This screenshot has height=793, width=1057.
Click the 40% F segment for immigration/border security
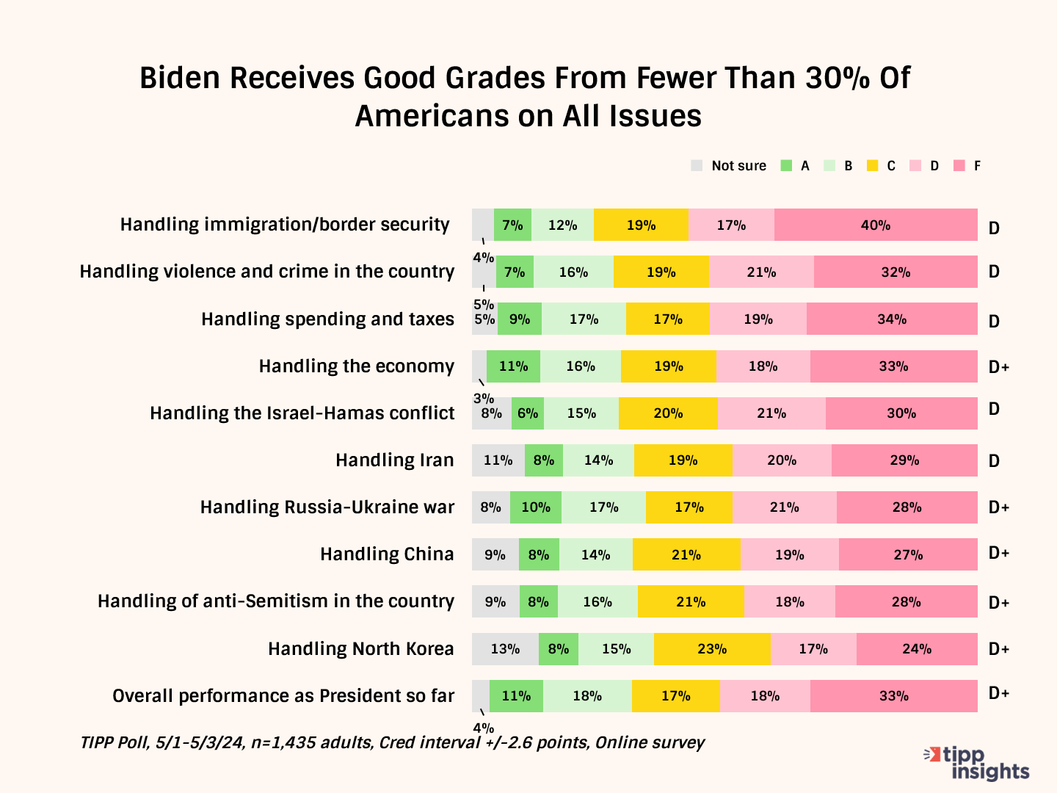tap(876, 225)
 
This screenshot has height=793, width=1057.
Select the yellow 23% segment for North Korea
tap(712, 649)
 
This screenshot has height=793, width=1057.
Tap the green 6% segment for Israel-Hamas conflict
tap(528, 413)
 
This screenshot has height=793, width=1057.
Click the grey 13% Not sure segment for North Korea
tap(505, 649)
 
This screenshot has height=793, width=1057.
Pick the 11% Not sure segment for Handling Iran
tap(498, 460)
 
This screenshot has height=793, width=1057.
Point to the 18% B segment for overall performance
tap(587, 696)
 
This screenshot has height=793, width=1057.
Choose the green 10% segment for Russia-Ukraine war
tap(536, 507)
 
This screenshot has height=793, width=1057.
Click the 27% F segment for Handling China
tap(908, 555)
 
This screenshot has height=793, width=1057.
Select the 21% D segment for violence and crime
tap(761, 272)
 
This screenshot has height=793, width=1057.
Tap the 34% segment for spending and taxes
tap(892, 319)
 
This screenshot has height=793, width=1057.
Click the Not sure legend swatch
tap(697, 166)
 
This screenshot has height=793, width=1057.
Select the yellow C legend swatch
tap(873, 166)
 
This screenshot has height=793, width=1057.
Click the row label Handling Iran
tap(395, 460)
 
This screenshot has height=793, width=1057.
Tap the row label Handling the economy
tap(357, 366)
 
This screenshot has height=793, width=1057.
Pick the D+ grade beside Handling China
tap(999, 553)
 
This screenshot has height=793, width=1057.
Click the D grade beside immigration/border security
tap(994, 228)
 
